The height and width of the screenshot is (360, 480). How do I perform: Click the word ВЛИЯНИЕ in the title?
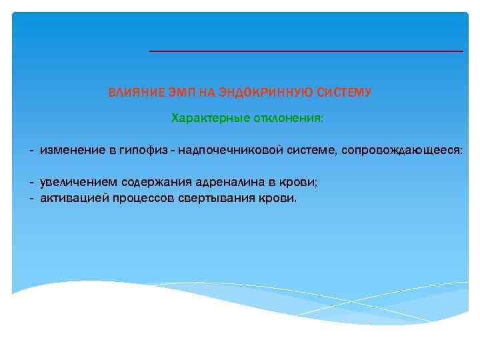[x=131, y=93]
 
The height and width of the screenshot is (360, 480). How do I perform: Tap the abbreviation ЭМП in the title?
[x=171, y=93]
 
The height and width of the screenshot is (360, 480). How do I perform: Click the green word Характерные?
[x=207, y=118]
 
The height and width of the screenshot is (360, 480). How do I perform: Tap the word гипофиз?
[x=137, y=151]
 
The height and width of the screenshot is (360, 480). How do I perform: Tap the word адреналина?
[x=223, y=183]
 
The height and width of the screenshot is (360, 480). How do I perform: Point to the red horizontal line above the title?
[x=305, y=51]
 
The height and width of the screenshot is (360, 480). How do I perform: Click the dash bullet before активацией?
[x=31, y=199]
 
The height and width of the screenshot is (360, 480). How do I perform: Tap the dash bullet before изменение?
[x=31, y=151]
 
